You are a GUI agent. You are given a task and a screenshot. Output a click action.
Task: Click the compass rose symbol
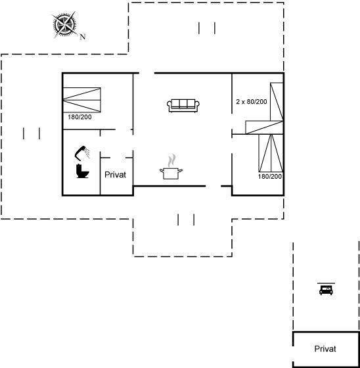click(x=65, y=24)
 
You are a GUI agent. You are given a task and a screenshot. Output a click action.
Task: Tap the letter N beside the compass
click(x=83, y=37)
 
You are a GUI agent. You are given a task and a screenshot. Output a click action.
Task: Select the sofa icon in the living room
click(x=183, y=105)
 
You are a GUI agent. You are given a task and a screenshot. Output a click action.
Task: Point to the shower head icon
click(x=82, y=152)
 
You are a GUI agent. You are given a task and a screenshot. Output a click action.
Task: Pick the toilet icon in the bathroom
click(x=82, y=171)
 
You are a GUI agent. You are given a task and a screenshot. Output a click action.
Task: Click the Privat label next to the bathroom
click(x=115, y=175)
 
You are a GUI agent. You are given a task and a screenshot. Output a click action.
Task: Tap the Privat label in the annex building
click(x=325, y=349)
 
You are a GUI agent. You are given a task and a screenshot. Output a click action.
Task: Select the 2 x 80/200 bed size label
click(x=252, y=102)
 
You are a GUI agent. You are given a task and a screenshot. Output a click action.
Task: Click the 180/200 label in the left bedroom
click(x=79, y=117)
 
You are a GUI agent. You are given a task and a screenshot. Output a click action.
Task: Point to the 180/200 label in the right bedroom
click(x=270, y=176)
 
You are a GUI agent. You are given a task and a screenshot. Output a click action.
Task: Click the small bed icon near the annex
click(x=326, y=289)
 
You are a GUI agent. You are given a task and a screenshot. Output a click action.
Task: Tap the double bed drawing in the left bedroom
click(x=82, y=100)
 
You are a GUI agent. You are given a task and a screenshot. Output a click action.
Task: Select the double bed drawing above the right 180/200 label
click(x=271, y=153)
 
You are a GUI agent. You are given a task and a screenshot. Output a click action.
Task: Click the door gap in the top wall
click(x=147, y=73)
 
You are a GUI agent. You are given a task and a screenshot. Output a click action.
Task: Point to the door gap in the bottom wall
click(x=214, y=186)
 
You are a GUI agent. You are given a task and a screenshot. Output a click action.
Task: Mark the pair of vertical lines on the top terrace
click(x=207, y=28)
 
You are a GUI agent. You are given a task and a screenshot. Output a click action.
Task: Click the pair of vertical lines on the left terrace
click(x=32, y=133)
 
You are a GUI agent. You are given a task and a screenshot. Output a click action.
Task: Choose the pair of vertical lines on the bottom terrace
click(x=186, y=219)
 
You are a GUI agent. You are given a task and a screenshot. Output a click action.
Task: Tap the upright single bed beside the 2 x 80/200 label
click(x=277, y=102)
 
